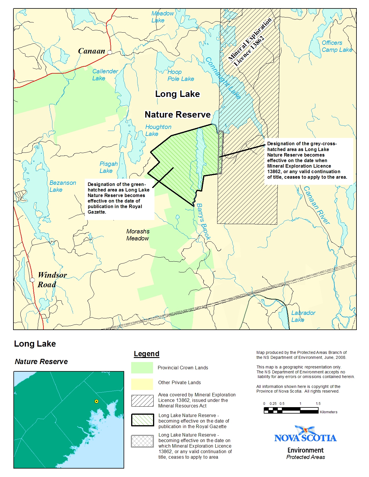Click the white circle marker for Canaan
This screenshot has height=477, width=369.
click(110, 52)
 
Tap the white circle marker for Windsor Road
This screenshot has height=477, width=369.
click(32, 280)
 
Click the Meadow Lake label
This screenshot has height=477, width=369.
click(162, 17)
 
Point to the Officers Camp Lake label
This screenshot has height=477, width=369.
click(337, 46)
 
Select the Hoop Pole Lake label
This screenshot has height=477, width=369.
click(180, 75)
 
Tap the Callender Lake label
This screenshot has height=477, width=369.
click(105, 75)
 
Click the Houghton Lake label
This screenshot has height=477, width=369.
click(158, 130)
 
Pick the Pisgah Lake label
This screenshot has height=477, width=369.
click(108, 167)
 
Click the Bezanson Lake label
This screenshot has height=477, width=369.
click(62, 186)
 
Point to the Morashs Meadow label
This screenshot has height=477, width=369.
click(138, 235)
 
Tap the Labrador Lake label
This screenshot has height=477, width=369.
click(303, 316)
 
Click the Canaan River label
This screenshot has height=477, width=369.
click(317, 205)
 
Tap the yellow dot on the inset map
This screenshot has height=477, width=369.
click(96, 401)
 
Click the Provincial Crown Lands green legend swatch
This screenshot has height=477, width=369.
click(142, 368)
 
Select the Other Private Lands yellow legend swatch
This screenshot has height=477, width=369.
click(142, 384)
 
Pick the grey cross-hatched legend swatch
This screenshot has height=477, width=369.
click(142, 441)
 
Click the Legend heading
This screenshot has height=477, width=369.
click(146, 354)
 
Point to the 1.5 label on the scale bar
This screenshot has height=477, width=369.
click(318, 404)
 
